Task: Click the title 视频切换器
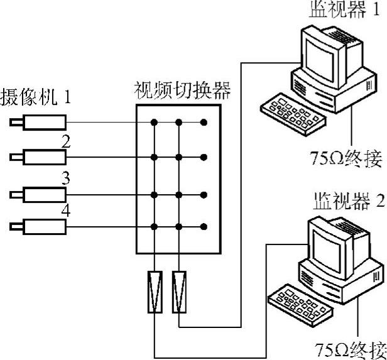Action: click(x=182, y=92)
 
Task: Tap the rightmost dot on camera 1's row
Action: click(x=204, y=122)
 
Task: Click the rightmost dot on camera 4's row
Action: click(x=204, y=226)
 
